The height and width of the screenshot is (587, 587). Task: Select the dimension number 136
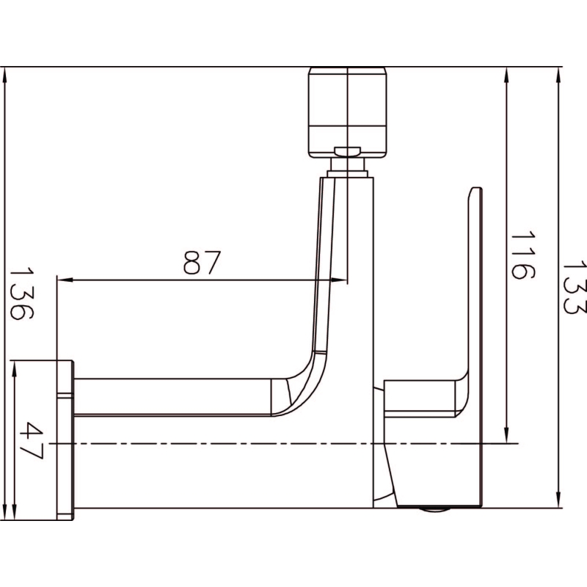[21, 293]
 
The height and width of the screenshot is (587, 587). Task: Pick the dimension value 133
[575, 288]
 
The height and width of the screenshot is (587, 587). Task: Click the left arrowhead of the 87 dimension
[65, 280]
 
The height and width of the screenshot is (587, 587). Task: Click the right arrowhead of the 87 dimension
[339, 280]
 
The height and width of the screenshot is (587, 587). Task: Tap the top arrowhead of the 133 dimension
[558, 76]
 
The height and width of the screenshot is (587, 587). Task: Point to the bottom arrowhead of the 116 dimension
[506, 435]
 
